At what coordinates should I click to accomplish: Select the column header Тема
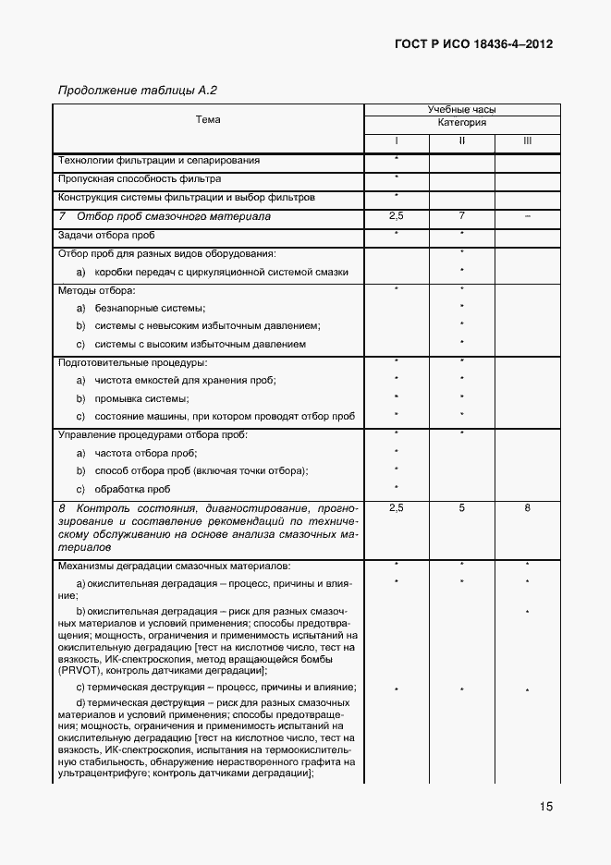[x=208, y=120]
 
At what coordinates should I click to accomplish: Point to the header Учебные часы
[x=461, y=110]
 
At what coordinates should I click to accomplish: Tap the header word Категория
[x=461, y=123]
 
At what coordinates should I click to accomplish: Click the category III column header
[x=527, y=141]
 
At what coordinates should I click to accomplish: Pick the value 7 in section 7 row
[x=461, y=215]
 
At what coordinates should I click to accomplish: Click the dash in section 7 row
[x=527, y=215]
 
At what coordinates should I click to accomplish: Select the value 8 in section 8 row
[x=527, y=508]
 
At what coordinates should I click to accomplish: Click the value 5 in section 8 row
[x=461, y=508]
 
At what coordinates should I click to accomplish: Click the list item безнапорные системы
[x=149, y=308]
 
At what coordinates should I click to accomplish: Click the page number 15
[x=546, y=807]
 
